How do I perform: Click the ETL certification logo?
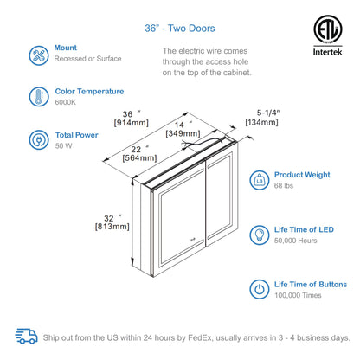[328, 29]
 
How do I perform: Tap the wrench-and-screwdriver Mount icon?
[39, 55]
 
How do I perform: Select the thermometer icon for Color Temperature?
[39, 97]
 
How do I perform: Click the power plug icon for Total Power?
[39, 140]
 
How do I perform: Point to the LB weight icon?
[260, 180]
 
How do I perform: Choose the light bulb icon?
[260, 235]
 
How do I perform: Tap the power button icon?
[260, 289]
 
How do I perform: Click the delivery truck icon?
[26, 337]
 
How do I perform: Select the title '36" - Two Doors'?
[180, 29]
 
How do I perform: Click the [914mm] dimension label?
[132, 123]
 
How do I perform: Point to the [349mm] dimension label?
[183, 133]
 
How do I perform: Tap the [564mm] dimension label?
[139, 158]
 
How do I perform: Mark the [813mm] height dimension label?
[112, 227]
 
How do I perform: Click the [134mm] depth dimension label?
[261, 122]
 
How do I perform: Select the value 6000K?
[66, 102]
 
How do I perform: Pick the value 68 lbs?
[284, 186]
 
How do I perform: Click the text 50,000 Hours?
[295, 241]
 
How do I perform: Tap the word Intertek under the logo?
[328, 52]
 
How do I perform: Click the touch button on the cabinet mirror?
[192, 239]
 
